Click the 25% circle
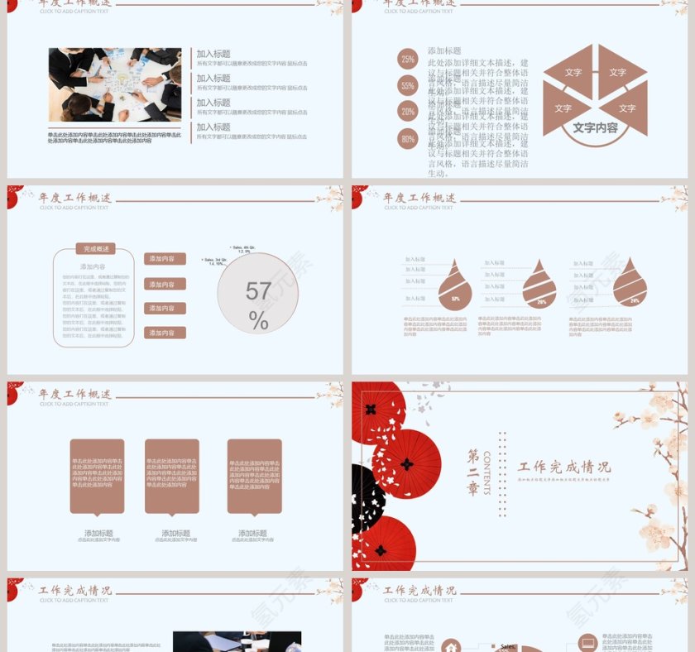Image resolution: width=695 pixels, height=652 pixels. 407,59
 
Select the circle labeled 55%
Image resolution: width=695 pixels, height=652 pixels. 407,85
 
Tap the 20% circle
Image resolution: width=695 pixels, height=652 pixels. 407,112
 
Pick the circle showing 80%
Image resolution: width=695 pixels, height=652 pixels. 407,139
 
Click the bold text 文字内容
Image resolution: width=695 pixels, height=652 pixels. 595,128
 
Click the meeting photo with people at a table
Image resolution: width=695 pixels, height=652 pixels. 114,84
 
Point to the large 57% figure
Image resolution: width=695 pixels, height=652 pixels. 258,304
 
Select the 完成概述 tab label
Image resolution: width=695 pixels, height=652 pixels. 93,248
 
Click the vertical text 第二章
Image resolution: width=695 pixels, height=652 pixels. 473,472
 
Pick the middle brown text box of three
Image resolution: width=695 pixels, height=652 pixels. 172,476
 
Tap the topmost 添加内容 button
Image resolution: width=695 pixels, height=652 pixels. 165,259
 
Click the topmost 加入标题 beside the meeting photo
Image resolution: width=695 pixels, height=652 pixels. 213,53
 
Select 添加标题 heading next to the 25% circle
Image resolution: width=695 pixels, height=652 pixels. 444,50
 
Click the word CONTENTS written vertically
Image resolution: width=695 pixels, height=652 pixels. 487,472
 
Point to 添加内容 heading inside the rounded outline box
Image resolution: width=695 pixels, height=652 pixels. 93,266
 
